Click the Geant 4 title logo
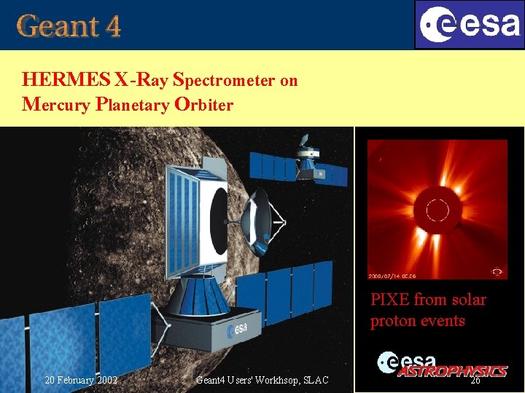tap(69, 26)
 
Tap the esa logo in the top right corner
tap(469, 25)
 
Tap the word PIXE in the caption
tap(389, 300)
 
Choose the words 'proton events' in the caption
tap(417, 321)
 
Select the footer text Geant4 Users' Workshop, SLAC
tap(262, 380)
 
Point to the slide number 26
tap(475, 380)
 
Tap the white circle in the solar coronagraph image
tap(437, 212)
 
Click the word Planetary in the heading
tap(132, 104)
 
